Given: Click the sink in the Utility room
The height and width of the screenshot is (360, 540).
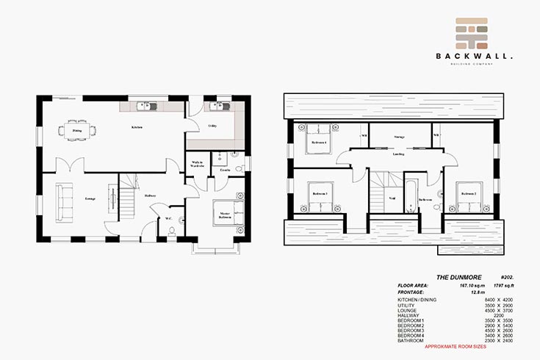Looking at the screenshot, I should click(x=217, y=107).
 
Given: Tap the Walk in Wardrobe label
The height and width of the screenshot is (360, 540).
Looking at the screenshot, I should click(x=197, y=164).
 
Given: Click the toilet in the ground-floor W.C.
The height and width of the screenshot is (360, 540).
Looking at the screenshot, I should click(x=171, y=231).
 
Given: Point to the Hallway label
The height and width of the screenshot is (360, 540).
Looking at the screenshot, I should click(x=150, y=195).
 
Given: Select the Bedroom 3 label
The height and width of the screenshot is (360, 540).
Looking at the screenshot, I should click(x=320, y=194).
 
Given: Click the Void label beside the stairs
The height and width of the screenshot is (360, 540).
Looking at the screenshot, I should click(x=392, y=198).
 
